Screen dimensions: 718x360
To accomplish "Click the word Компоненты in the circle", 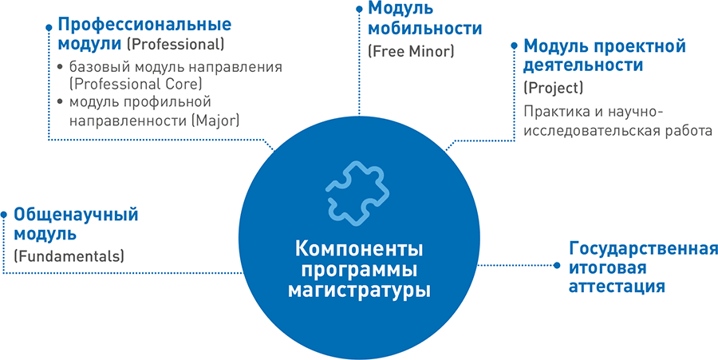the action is click(x=359, y=251).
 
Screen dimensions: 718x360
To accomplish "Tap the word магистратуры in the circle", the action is click(x=359, y=291).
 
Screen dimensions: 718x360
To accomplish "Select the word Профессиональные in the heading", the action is click(x=144, y=26).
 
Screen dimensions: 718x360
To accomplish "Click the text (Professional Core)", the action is click(x=136, y=85).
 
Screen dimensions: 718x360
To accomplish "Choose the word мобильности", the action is click(x=425, y=29).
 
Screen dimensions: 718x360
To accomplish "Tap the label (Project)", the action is click(x=553, y=88).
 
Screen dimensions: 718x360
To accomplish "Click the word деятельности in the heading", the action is click(x=583, y=65).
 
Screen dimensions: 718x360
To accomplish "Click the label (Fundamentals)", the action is click(x=69, y=255).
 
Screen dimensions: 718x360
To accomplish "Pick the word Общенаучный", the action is click(x=76, y=215).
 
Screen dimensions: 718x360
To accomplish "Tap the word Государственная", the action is click(x=643, y=250).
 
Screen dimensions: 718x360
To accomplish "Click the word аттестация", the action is click(x=617, y=287).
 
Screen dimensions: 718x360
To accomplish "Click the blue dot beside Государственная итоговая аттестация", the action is click(x=557, y=265).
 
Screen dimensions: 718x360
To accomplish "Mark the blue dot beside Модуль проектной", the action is click(x=515, y=45).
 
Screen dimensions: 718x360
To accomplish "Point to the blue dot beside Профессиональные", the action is click(x=49, y=27).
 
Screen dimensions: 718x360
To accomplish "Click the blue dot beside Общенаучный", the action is click(x=4, y=214).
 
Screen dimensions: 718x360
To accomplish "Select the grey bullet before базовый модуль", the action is click(x=60, y=67).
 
